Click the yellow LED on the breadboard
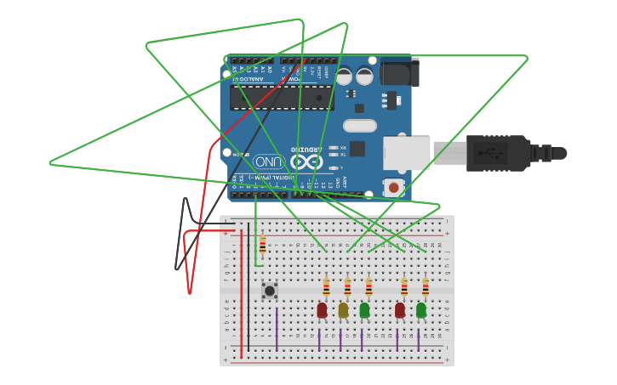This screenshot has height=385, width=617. pos(343,310)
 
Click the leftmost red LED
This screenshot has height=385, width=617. pos(322,310)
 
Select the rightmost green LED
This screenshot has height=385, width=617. pos(421,310)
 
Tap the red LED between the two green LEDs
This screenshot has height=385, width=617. pos(400,310)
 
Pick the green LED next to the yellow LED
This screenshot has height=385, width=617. pos(364,310)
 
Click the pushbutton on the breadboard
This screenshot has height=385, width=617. pos(270,291)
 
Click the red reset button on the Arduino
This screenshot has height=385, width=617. pos(393,187)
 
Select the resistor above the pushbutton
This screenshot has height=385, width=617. pos(262,246)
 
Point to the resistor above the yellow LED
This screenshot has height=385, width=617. pos(347,287)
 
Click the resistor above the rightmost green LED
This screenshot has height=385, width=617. pos(426,287)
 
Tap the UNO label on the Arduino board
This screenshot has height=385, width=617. pos(268,161)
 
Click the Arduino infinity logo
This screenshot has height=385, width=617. pos(306,161)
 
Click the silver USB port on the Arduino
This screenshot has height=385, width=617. pos(407,153)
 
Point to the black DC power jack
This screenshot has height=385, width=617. pos(399,73)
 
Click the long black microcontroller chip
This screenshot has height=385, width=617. pos(281,98)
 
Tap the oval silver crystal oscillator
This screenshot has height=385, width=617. pos(360,126)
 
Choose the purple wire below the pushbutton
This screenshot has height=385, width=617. pos(277,327)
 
